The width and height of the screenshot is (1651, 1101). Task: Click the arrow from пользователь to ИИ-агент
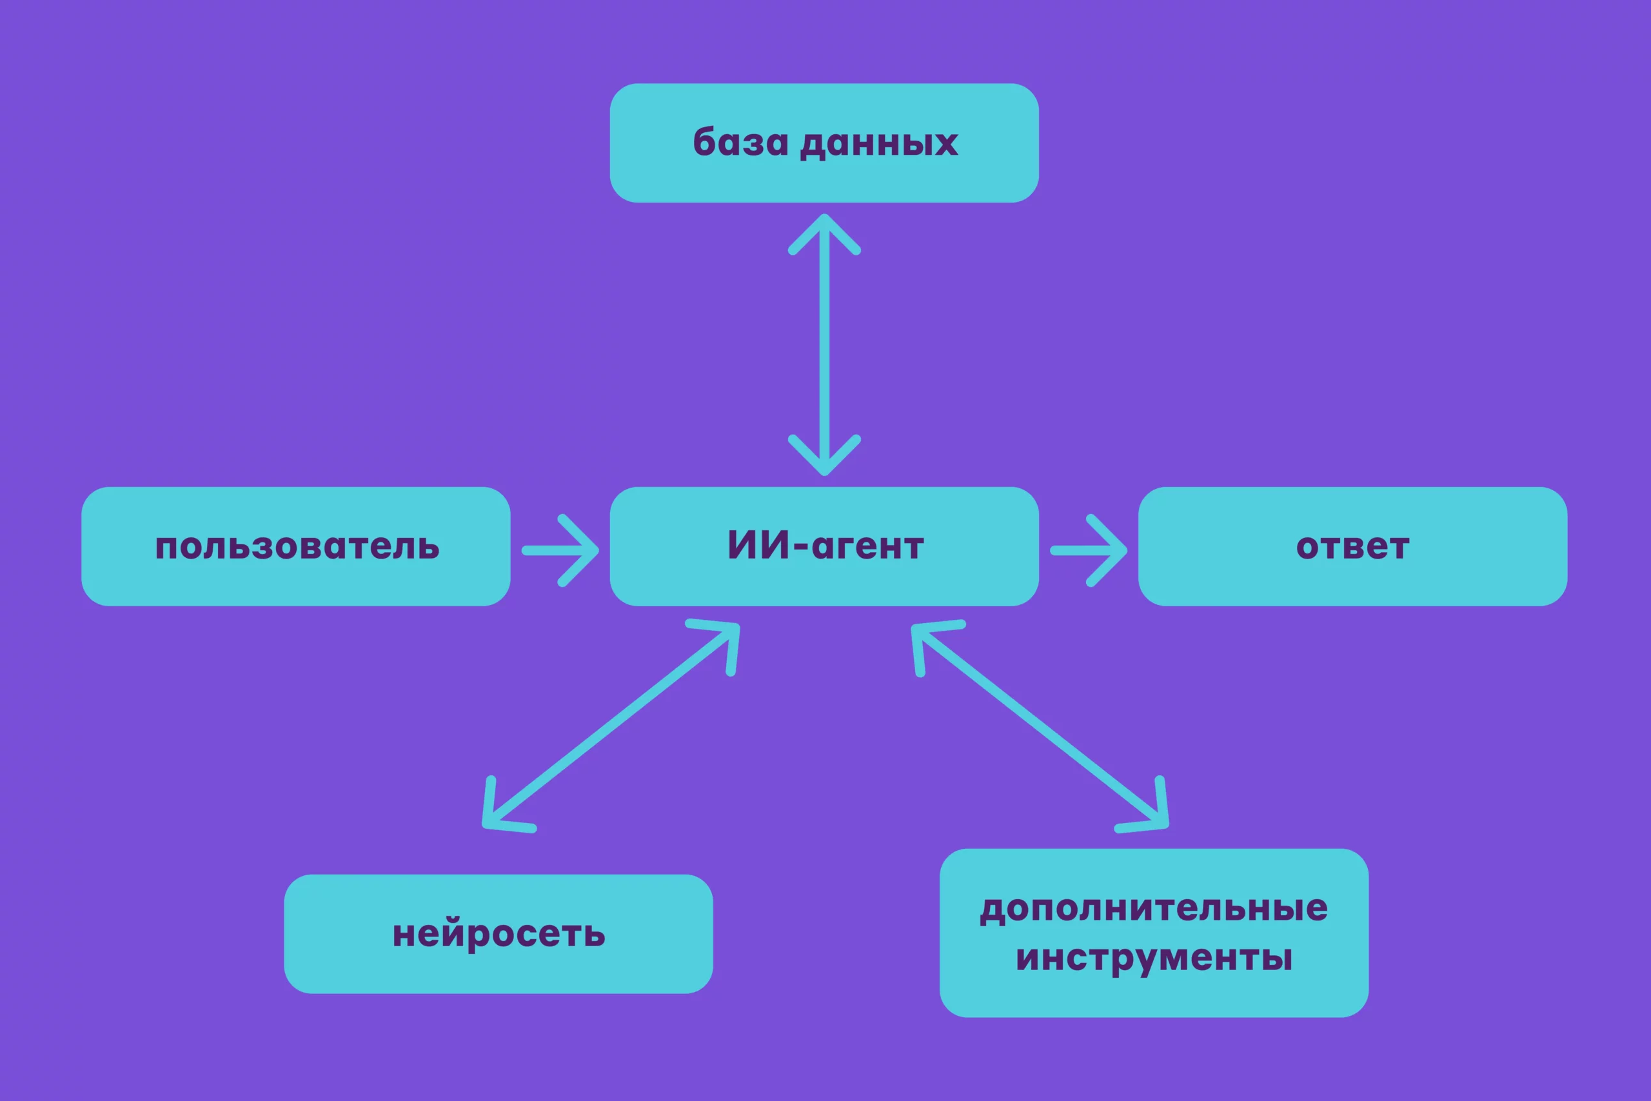[560, 551]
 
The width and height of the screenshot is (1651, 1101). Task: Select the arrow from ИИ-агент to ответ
[1089, 551]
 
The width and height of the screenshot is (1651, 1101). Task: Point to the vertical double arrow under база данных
[824, 344]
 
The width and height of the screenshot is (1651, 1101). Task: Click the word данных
[879, 143]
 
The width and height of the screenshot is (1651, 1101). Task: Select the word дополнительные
[1154, 909]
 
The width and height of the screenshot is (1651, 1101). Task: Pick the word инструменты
[1154, 958]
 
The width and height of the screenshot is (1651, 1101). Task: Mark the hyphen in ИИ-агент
[800, 546]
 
